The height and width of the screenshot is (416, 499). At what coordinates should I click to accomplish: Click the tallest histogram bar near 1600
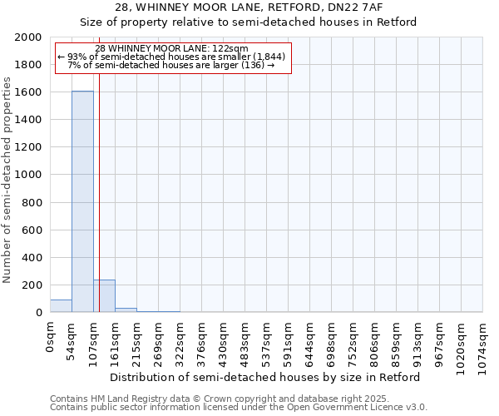click(x=82, y=201)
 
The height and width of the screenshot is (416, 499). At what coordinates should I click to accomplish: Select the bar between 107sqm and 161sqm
click(x=104, y=296)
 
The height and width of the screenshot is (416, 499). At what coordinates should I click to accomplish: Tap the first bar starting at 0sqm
click(x=61, y=306)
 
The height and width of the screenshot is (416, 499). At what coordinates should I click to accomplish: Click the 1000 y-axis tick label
click(x=28, y=175)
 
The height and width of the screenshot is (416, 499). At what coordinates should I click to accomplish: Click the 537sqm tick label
click(x=267, y=340)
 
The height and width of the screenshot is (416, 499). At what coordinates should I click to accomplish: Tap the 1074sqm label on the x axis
click(x=483, y=343)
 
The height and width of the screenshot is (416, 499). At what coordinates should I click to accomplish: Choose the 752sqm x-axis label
click(x=353, y=340)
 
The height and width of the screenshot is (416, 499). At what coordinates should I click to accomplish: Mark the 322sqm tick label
click(x=180, y=340)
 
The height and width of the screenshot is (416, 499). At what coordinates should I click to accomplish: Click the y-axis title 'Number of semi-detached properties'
click(x=8, y=180)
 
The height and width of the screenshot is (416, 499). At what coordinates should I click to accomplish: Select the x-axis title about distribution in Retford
click(x=265, y=377)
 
